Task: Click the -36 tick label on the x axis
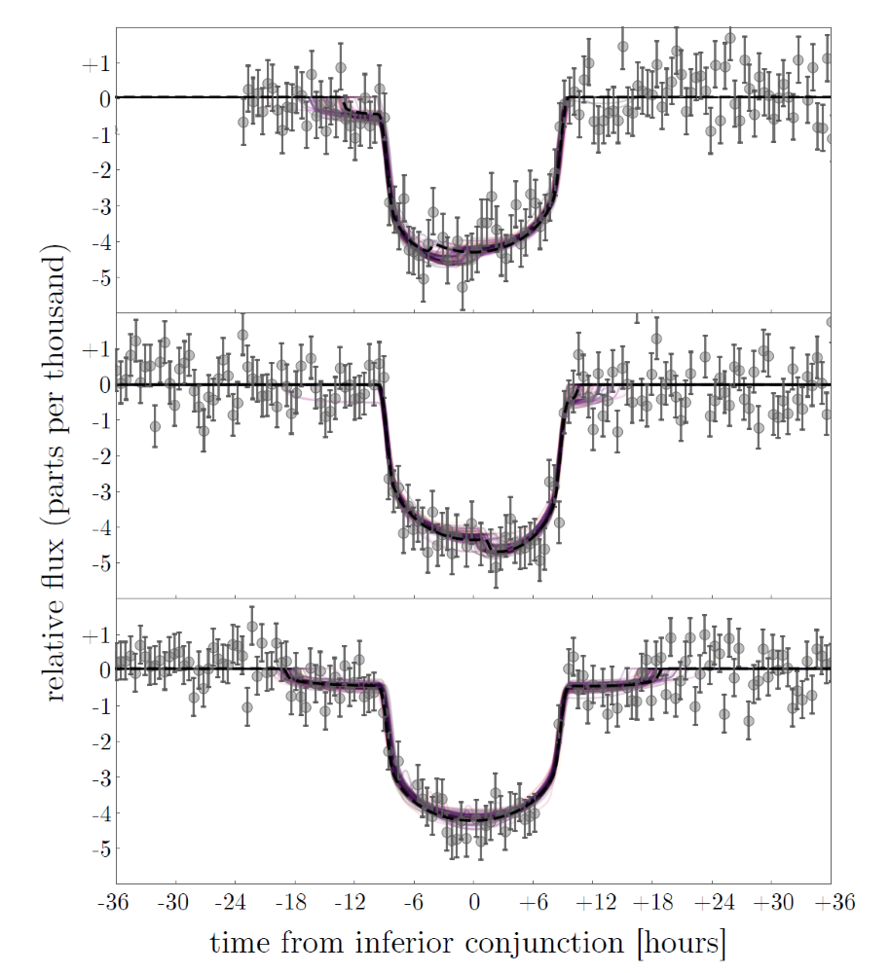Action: tap(115, 902)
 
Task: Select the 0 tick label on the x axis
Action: tap(474, 902)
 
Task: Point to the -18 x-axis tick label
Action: tap(293, 902)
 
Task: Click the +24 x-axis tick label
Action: tap(712, 902)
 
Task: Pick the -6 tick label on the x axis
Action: tap(413, 902)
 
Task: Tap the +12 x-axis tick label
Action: tap(593, 902)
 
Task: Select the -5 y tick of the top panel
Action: tap(95, 278)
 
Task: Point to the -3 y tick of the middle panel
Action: tap(95, 492)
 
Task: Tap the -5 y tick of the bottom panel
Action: tap(95, 849)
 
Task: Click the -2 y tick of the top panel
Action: tap(95, 170)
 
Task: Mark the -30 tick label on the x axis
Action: tap(174, 902)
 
